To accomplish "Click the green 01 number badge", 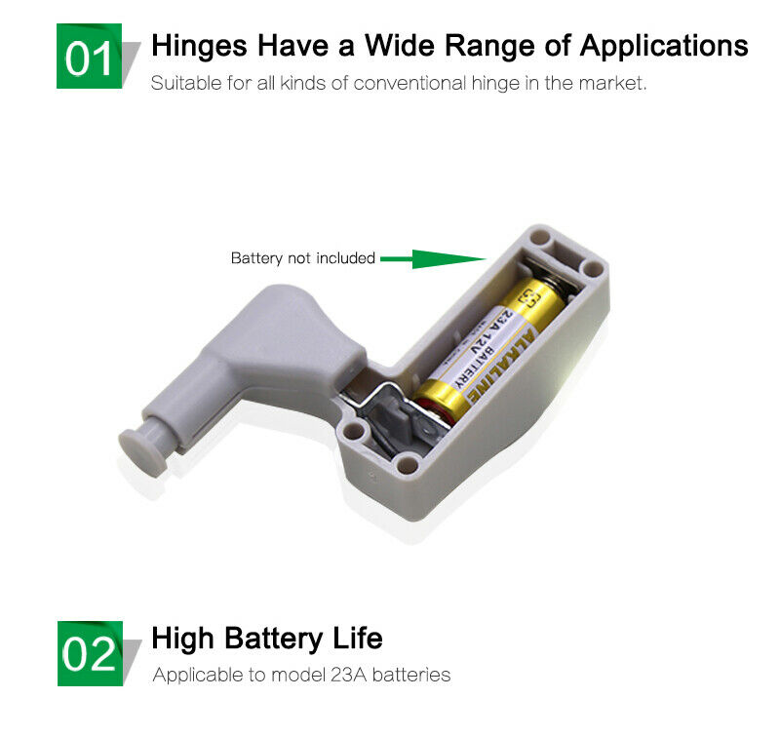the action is click(x=89, y=56).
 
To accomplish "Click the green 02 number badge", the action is click(x=90, y=653).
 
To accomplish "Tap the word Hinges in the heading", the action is click(x=199, y=47).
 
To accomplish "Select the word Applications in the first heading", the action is click(x=664, y=47).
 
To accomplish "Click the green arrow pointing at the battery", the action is click(x=433, y=259).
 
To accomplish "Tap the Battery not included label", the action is click(x=303, y=258).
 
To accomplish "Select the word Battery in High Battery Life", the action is click(x=274, y=640).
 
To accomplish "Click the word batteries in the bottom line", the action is click(x=411, y=675).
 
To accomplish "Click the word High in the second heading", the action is click(x=183, y=640).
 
